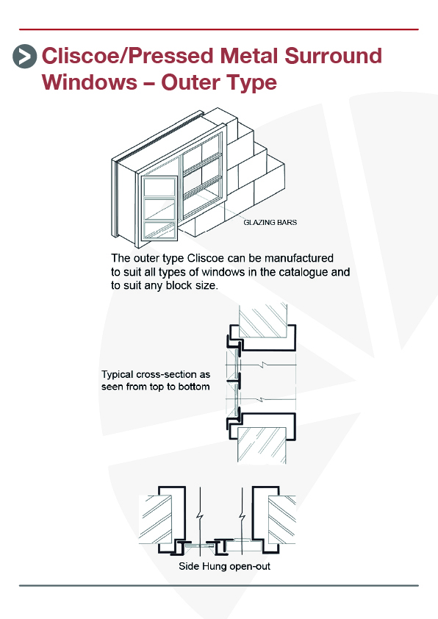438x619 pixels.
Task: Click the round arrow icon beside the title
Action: pos(24,56)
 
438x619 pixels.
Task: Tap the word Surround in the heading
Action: pos(333,56)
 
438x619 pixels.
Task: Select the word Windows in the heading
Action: pos(90,82)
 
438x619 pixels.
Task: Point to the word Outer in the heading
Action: pos(191,82)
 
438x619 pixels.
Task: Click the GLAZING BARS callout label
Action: pos(270,222)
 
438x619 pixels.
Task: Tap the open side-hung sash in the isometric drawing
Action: pos(159,208)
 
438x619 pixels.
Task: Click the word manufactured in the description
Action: pos(298,258)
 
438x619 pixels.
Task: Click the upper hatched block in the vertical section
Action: pos(263,320)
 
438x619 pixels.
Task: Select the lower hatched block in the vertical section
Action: pos(262,446)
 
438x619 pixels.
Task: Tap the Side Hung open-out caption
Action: pos(225,567)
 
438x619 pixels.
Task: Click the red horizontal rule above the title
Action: pos(218,29)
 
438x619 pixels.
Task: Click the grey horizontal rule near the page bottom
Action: pos(218,585)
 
